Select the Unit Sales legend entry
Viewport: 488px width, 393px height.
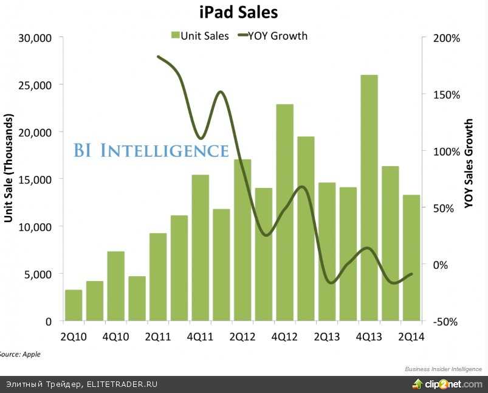point(200,36)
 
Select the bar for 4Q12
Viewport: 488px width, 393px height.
point(284,212)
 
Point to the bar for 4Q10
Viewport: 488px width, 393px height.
point(115,286)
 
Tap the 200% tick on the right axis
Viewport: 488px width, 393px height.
point(447,38)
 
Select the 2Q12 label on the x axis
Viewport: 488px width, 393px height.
point(242,336)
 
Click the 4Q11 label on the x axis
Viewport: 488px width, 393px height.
point(200,336)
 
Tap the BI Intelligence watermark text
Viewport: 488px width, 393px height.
point(151,150)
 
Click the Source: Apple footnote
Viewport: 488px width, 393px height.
point(20,353)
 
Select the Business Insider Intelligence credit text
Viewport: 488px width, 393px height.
point(443,369)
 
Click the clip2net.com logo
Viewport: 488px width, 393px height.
point(448,384)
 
